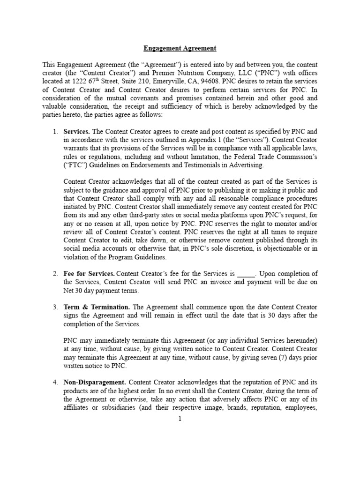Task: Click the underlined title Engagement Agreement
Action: pos(180,48)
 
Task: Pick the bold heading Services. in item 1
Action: pos(76,131)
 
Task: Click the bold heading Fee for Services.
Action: pos(89,274)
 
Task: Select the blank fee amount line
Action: pos(246,274)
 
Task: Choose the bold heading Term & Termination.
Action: pos(97,307)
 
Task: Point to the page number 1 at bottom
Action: pos(180,419)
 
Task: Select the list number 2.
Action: pos(55,274)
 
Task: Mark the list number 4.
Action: pos(55,383)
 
